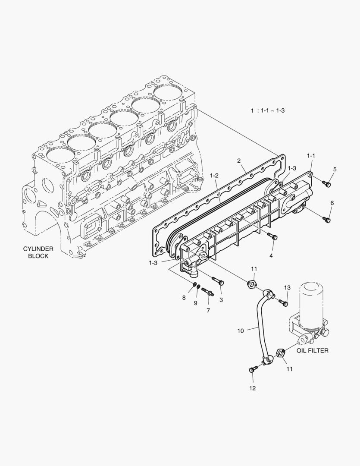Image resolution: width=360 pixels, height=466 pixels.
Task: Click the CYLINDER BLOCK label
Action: [x=38, y=252]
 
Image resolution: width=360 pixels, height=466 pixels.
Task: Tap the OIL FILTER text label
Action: [x=312, y=350]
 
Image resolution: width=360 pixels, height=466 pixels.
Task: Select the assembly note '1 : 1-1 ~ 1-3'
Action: [x=267, y=110]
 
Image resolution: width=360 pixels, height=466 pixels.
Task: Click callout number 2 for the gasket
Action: [x=238, y=161]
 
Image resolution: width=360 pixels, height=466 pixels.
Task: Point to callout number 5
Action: [x=335, y=169]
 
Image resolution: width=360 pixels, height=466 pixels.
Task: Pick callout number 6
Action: [x=332, y=203]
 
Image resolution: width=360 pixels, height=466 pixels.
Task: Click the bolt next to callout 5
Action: [x=327, y=185]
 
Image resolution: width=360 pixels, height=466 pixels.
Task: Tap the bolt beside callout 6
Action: [x=326, y=220]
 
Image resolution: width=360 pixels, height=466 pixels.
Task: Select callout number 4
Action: [x=271, y=255]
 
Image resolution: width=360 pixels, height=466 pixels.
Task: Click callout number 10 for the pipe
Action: [x=241, y=331]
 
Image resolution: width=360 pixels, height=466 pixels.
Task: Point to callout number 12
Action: [x=252, y=388]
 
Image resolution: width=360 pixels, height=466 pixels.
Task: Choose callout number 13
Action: [x=287, y=287]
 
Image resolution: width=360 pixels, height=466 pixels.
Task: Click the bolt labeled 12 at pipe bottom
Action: [x=253, y=369]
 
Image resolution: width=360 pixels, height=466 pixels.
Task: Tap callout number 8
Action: [x=184, y=297]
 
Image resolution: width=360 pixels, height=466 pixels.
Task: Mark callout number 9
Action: [x=195, y=303]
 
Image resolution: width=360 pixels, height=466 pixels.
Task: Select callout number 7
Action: [x=208, y=310]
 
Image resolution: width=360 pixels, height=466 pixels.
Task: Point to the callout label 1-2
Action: [x=214, y=176]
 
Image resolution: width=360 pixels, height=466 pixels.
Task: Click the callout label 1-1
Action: [x=311, y=155]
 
